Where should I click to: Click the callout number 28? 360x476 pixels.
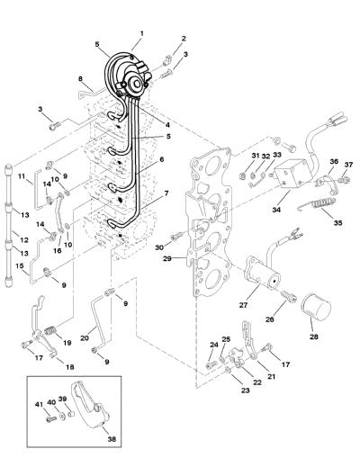click(x=314, y=337)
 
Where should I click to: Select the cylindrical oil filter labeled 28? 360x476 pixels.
click(x=316, y=308)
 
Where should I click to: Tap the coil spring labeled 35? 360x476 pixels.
click(x=317, y=204)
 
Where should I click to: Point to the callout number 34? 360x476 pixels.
click(x=276, y=209)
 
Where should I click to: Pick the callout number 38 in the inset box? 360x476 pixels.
click(x=112, y=439)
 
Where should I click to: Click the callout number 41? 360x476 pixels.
click(x=40, y=404)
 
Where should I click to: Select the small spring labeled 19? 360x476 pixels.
click(x=50, y=330)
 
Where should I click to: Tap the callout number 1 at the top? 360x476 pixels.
click(x=142, y=33)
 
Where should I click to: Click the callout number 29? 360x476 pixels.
click(x=166, y=258)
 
